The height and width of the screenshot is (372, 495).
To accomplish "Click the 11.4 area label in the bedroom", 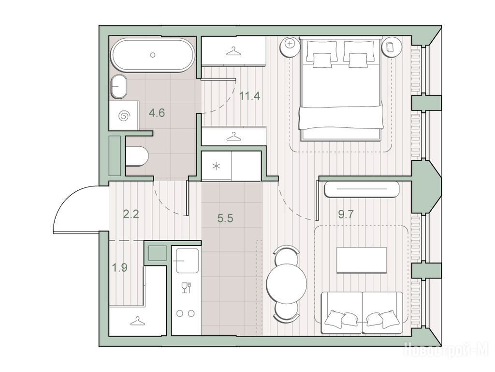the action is [249, 95].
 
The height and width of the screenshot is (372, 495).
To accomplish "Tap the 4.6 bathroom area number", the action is [157, 112].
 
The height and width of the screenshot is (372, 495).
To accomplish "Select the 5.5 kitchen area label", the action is [225, 218].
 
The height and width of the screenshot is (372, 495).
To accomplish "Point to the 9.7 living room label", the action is [346, 215].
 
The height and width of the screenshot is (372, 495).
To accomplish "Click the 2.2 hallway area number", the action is [131, 215].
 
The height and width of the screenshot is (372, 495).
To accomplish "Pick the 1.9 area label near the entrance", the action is [120, 268].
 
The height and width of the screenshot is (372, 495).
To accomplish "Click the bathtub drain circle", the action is [153, 55].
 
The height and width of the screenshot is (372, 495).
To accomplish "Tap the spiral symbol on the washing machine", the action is [124, 116].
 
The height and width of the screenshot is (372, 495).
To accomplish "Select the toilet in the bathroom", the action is [137, 156].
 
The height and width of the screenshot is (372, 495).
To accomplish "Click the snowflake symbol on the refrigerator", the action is [216, 166].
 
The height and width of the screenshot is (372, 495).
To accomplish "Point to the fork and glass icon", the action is [187, 287].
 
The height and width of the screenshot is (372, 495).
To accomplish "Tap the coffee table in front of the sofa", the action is [362, 260].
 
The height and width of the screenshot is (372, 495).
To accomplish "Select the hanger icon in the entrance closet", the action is [137, 322].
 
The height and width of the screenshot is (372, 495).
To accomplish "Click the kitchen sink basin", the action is [187, 260].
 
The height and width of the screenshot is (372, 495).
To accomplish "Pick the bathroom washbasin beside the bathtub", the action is [119, 87].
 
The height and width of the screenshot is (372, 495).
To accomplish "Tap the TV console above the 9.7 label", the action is [362, 189].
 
